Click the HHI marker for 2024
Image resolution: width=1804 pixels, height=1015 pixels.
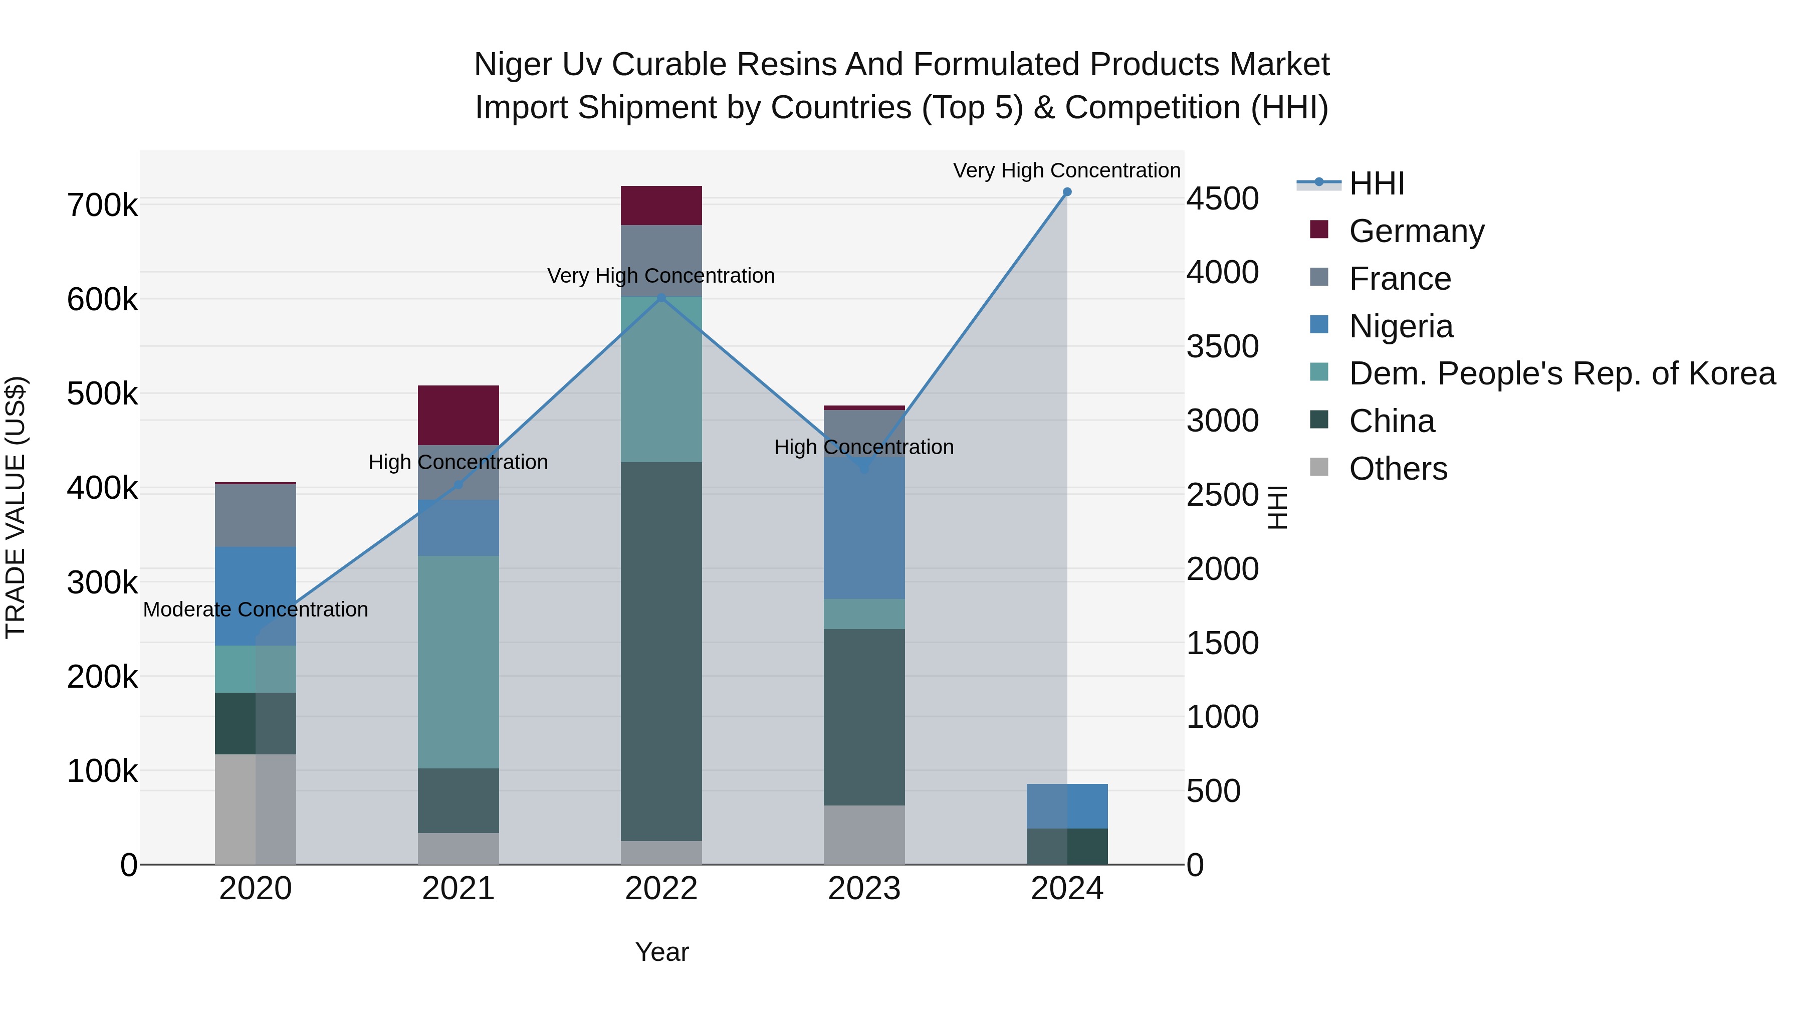pyautogui.click(x=1066, y=192)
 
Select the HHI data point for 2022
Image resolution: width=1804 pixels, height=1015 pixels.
pyautogui.click(x=661, y=298)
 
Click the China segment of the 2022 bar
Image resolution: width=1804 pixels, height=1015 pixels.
pyautogui.click(x=661, y=652)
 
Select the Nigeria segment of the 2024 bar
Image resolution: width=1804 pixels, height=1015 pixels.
pyautogui.click(x=1066, y=806)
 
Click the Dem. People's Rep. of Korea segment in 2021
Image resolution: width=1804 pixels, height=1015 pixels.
pyautogui.click(x=458, y=662)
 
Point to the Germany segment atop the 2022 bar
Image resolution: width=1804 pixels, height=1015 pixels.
pyautogui.click(x=661, y=205)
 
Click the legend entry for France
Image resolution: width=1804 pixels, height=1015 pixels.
pyautogui.click(x=1399, y=279)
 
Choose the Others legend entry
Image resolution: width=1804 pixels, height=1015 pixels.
pyautogui.click(x=1397, y=469)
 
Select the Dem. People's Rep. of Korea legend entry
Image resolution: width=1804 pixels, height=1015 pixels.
pyautogui.click(x=1561, y=374)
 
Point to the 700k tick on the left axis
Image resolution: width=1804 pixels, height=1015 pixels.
pyautogui.click(x=102, y=206)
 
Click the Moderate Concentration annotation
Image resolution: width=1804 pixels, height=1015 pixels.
pyautogui.click(x=256, y=610)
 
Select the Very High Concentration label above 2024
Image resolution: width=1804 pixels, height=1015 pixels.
pyautogui.click(x=1066, y=170)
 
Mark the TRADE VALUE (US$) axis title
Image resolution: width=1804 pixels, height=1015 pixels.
pyautogui.click(x=16, y=507)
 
